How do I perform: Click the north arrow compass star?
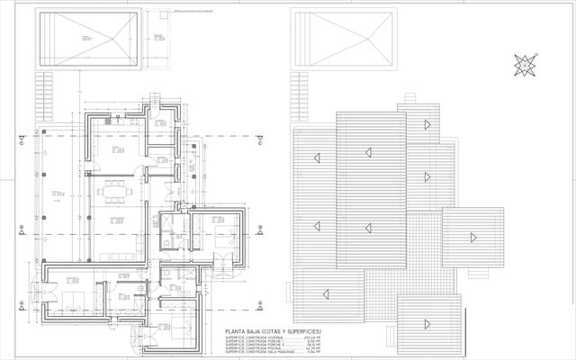[525, 65]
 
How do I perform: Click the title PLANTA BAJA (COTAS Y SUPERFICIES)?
[272, 331]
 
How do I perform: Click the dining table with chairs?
[113, 189]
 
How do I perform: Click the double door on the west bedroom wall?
[36, 295]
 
